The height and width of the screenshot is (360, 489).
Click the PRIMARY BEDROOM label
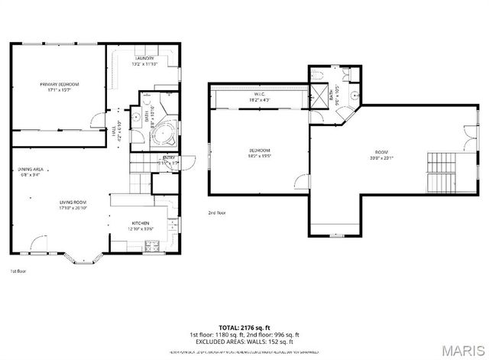[60, 84]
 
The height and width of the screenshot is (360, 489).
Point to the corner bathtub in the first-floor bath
[163, 135]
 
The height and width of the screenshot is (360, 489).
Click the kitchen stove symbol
[151, 245]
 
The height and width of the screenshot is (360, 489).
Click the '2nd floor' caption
[217, 212]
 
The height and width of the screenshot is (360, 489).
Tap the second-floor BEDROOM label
[259, 150]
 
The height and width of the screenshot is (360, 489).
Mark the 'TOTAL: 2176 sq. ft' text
[244, 326]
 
